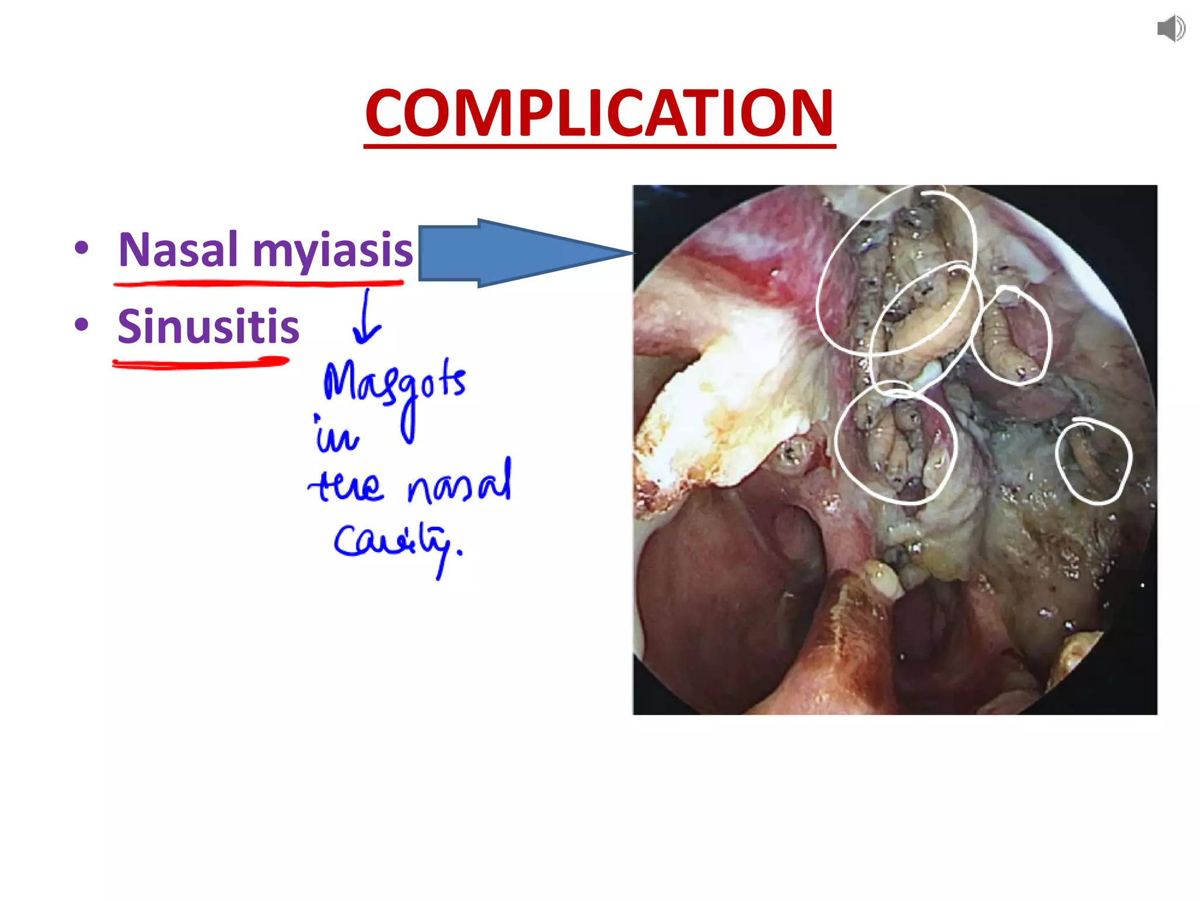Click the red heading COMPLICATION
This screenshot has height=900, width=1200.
[x=599, y=112]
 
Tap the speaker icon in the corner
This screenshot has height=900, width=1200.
[x=1171, y=29]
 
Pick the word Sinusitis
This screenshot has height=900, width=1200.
[x=208, y=326]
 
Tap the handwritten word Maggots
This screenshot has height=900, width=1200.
[x=394, y=387]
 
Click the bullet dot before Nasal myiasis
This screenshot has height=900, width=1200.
[x=81, y=248]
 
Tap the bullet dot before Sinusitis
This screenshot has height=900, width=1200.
[x=81, y=324]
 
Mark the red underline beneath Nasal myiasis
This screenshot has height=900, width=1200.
[x=259, y=284]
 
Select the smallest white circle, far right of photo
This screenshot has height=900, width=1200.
[x=1093, y=462]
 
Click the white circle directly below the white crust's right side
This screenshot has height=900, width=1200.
[x=895, y=443]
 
